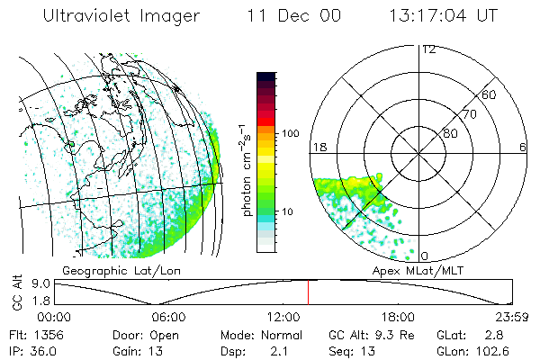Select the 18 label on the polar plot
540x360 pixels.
[x=319, y=147]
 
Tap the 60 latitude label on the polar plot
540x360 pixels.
[x=490, y=95]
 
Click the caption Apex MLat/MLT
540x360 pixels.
[x=423, y=269]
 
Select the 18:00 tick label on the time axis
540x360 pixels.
[x=398, y=317]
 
